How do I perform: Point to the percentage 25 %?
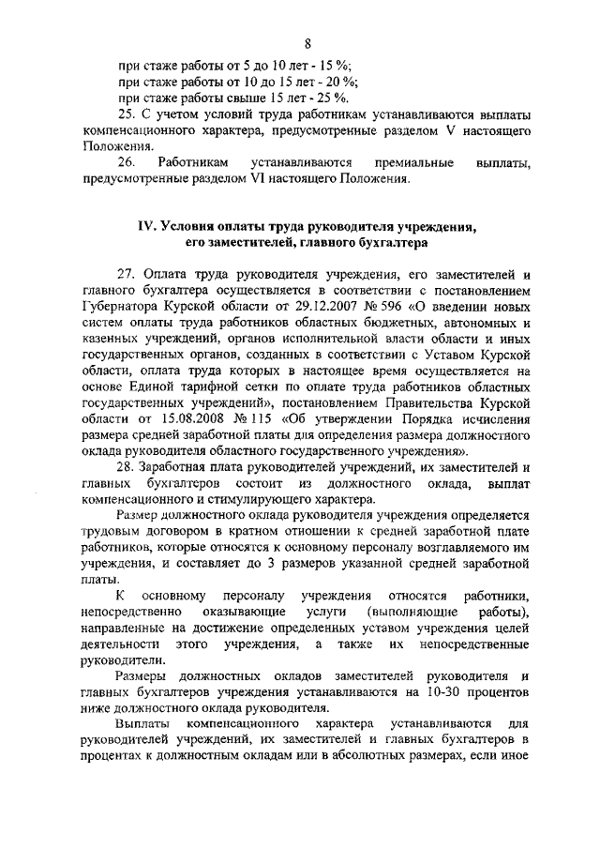pyautogui.click(x=334, y=98)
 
